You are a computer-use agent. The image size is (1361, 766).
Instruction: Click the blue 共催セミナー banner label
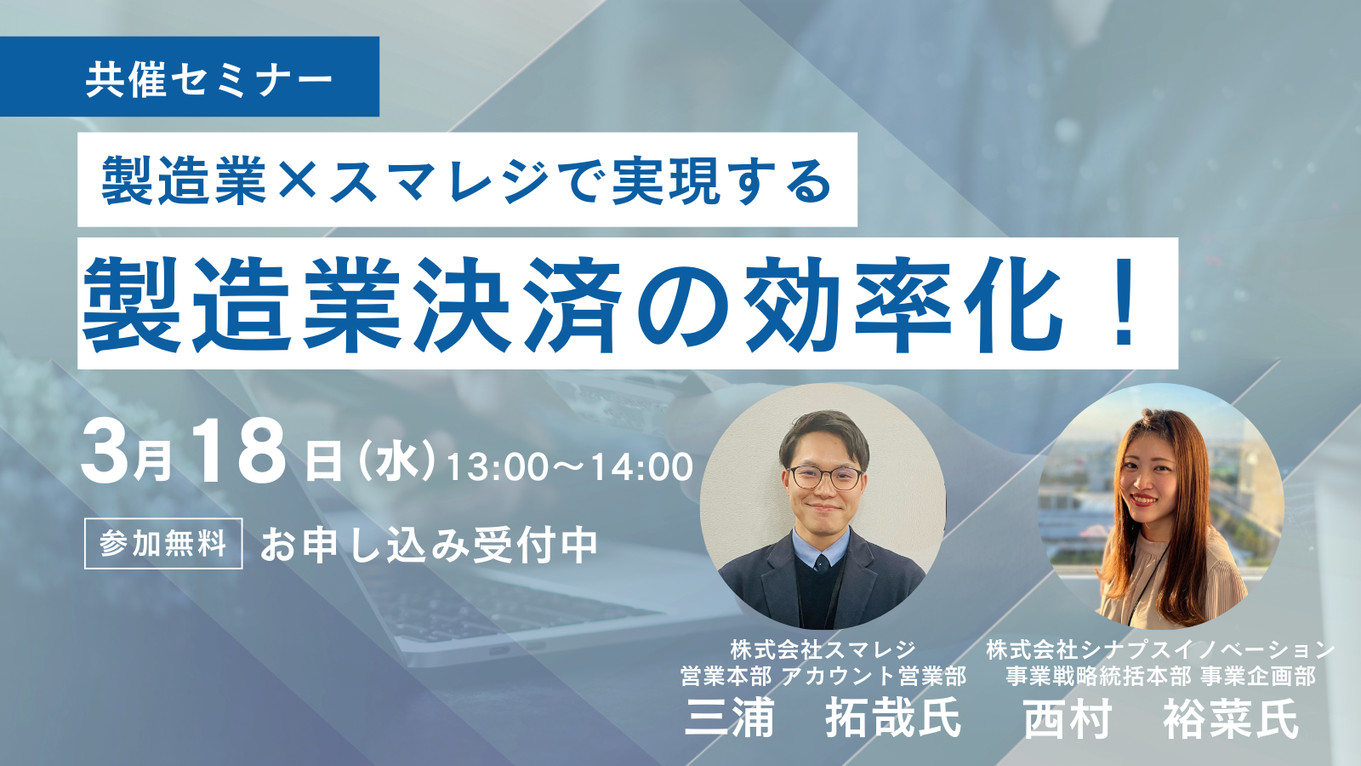[208, 80]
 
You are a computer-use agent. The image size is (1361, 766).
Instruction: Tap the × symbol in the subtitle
[297, 180]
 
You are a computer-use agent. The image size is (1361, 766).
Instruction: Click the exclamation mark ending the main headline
[1125, 305]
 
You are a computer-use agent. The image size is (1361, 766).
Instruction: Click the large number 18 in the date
[238, 454]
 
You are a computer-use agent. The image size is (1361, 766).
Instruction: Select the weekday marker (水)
[397, 464]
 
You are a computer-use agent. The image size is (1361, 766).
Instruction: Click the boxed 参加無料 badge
[163, 543]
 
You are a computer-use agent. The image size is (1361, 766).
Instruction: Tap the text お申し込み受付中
[429, 546]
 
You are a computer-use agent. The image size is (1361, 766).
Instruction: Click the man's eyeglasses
[823, 477]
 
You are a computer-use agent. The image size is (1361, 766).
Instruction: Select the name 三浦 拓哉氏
[823, 718]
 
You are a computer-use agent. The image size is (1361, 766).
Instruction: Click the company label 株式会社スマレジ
[823, 650]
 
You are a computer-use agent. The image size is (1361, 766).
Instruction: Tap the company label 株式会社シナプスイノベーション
[1160, 650]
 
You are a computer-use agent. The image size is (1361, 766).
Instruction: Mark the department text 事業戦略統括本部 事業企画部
[1160, 677]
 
